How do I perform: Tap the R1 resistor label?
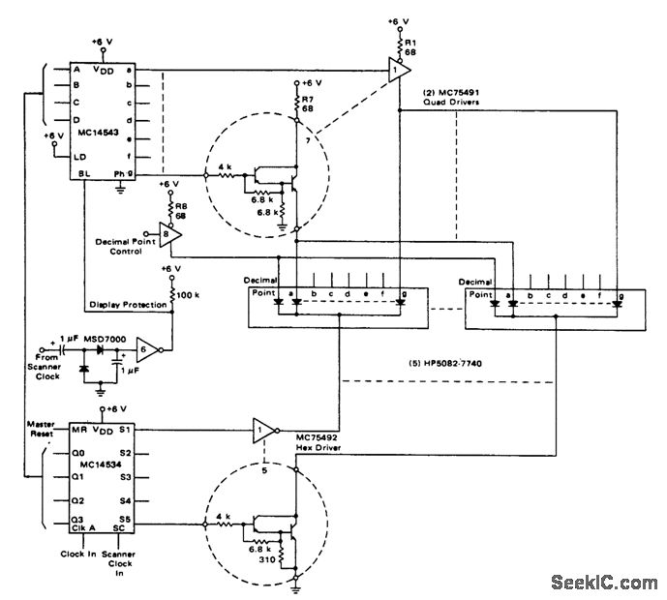[410, 45]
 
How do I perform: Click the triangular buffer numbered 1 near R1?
[395, 70]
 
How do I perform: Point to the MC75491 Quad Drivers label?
[455, 98]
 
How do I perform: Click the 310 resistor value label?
[264, 559]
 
